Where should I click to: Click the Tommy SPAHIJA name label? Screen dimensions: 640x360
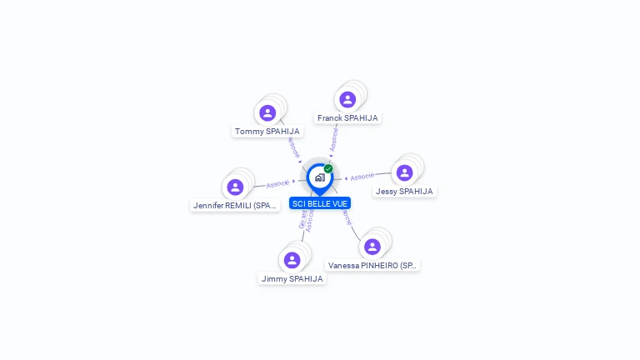coord(267,132)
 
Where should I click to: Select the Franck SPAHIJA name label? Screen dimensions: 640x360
coord(347,118)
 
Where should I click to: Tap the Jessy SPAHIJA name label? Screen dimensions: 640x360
coord(404,192)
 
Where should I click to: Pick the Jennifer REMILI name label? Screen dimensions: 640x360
coord(234,205)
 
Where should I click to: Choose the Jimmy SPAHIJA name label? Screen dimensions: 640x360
coord(292,279)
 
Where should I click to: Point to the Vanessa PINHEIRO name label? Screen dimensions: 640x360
coord(372,266)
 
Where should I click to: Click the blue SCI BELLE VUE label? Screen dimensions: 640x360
coord(320,203)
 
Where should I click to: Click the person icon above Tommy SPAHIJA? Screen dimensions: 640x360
coord(267,112)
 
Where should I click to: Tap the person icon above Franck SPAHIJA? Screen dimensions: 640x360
coord(347,99)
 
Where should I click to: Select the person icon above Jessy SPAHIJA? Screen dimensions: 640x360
coord(404,172)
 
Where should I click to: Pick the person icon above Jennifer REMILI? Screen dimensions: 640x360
coord(235,186)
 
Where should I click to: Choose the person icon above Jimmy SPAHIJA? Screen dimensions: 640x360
coord(292,260)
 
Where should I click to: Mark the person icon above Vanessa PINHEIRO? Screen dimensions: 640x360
coord(372,247)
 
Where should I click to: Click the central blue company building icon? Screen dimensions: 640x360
coord(319,177)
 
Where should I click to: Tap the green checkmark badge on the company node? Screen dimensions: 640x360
coord(328,168)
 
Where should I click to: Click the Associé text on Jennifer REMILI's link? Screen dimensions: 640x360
coord(277,183)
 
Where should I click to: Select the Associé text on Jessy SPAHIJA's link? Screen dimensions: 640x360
coord(362,177)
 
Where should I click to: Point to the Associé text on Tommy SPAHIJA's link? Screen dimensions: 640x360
coord(292,147)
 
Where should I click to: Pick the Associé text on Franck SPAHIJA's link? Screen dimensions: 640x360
coord(334,139)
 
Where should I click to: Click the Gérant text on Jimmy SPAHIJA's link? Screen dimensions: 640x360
coord(302,218)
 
